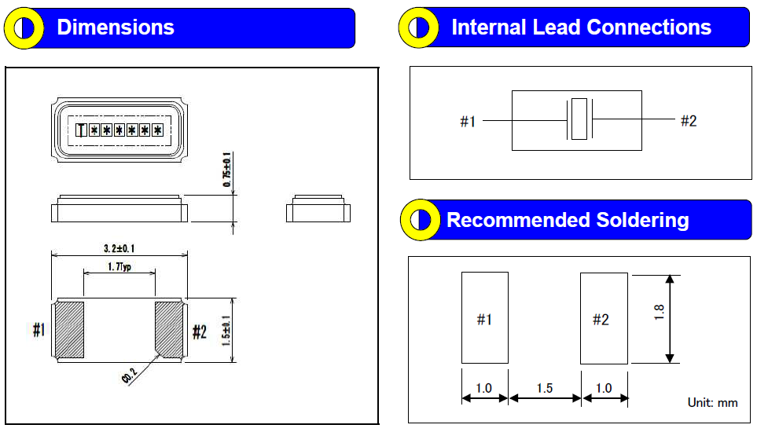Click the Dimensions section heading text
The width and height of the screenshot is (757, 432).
coord(116,27)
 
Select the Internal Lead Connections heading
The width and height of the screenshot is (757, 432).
coord(581,27)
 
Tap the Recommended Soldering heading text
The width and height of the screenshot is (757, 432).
coord(568,220)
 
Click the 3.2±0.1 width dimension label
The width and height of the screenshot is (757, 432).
coord(119,248)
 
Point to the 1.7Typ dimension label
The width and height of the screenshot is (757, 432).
coord(119,268)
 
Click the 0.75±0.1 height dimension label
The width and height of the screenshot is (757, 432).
coord(228,169)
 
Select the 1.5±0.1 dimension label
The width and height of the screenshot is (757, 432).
coord(227,330)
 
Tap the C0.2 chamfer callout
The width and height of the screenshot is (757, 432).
coord(131,375)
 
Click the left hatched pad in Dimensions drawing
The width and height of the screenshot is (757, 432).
coord(70,330)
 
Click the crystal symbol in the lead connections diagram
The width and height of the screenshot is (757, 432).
coord(579,120)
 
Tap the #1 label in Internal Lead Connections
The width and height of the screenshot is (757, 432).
coord(468,122)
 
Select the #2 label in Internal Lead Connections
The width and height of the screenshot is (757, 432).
coord(689,121)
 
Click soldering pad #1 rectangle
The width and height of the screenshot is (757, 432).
coord(484,318)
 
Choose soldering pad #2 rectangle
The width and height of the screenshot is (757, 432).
coord(604,318)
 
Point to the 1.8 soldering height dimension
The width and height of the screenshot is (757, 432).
coord(660,312)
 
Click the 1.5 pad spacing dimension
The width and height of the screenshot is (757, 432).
coord(544,388)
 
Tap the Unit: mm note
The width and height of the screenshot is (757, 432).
coord(712,402)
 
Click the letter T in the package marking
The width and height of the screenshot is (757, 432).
coord(81,130)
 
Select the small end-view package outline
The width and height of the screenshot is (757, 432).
coord(318,209)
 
